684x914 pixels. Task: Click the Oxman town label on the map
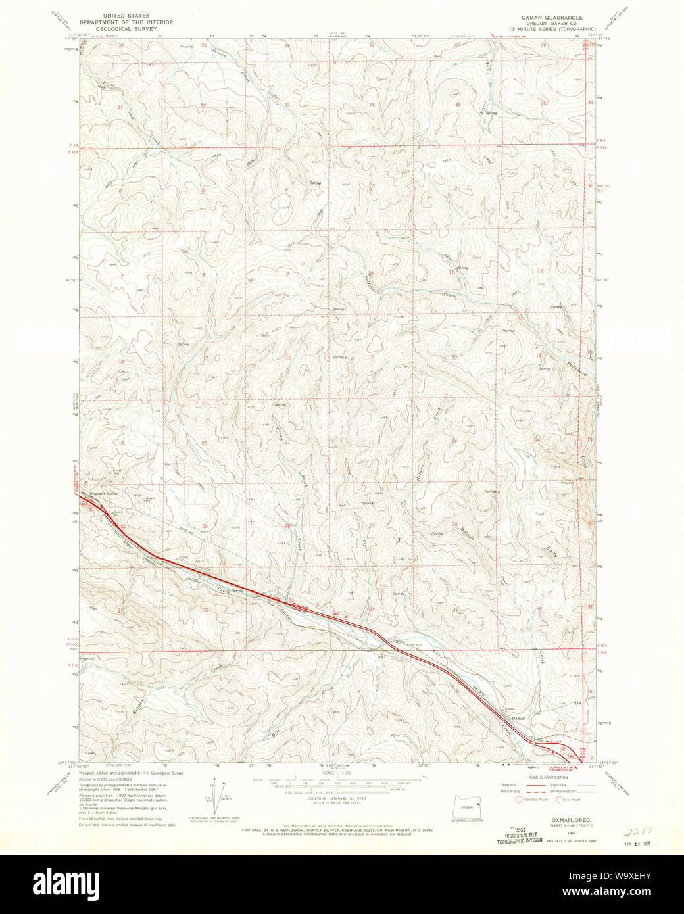(518, 719)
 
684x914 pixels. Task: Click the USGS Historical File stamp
(520, 835)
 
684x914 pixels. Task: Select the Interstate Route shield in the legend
(519, 800)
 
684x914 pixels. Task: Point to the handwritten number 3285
(636, 830)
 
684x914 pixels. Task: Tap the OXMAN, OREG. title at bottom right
(561, 821)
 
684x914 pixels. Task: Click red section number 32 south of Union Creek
(205, 610)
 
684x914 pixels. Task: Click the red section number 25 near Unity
(538, 523)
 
